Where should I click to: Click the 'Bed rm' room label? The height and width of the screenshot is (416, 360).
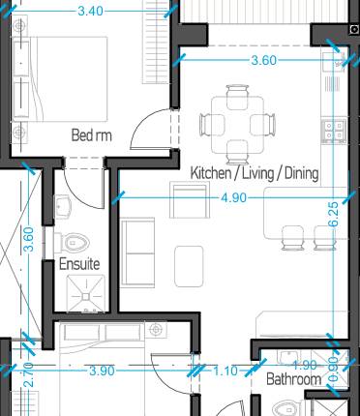[92, 135]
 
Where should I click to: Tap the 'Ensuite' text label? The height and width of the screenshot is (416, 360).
[79, 264]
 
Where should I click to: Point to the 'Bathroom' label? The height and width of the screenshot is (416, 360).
[294, 380]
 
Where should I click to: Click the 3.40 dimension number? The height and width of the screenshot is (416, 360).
[92, 12]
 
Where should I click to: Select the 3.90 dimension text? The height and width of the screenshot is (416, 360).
[102, 371]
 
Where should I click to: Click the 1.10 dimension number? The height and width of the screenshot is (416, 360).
[225, 371]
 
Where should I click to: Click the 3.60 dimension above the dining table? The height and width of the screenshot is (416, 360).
[264, 60]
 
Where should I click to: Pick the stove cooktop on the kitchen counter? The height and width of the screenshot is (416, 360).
[336, 126]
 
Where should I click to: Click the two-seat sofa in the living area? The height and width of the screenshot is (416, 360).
[136, 251]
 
